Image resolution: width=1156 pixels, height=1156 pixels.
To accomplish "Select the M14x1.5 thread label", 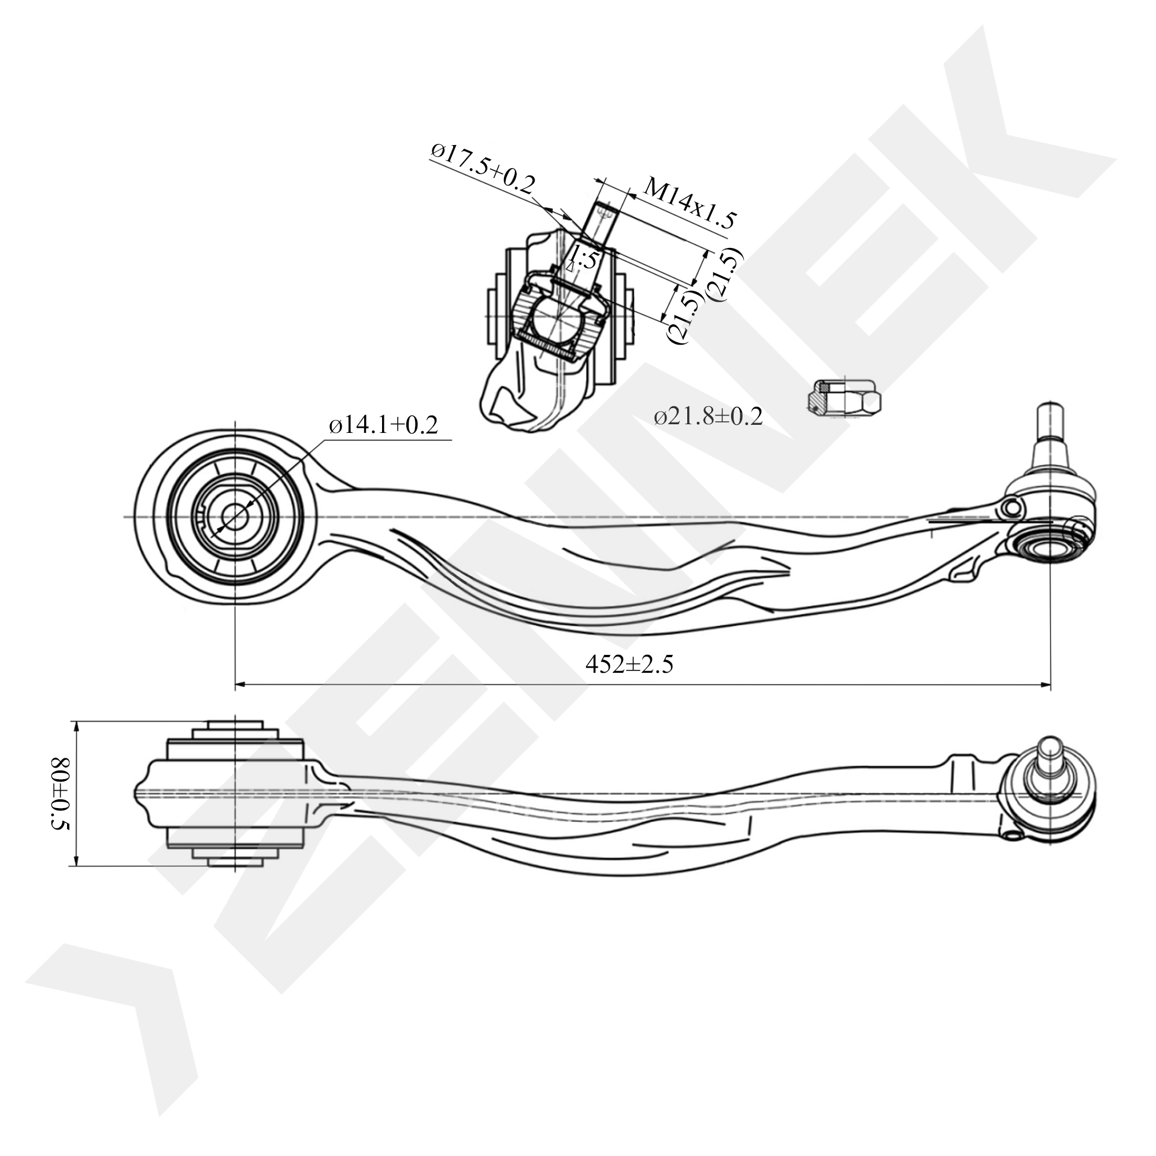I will click(x=688, y=204).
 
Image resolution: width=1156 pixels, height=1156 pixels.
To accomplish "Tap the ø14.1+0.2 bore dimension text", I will click(x=383, y=425).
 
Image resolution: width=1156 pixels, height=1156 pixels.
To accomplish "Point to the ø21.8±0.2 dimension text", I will click(x=708, y=416).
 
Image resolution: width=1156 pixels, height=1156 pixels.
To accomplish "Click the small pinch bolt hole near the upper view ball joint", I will click(x=1013, y=508).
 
